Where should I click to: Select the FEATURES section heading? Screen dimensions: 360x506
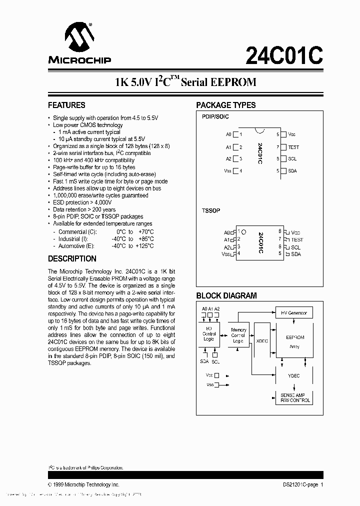(66, 105)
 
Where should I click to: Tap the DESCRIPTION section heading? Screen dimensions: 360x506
(72, 259)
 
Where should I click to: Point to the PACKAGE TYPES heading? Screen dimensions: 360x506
(225, 105)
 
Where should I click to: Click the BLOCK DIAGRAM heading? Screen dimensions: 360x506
(226, 295)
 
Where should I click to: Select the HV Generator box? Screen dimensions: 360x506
(293, 313)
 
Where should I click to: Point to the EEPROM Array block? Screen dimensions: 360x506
(294, 341)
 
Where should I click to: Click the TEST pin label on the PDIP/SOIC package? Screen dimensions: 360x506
(293, 147)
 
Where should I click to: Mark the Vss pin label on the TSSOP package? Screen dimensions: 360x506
(226, 254)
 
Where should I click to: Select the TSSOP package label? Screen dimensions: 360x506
(210, 211)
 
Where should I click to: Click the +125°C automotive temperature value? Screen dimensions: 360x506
(144, 246)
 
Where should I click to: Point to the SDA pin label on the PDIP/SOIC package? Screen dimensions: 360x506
(292, 171)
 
